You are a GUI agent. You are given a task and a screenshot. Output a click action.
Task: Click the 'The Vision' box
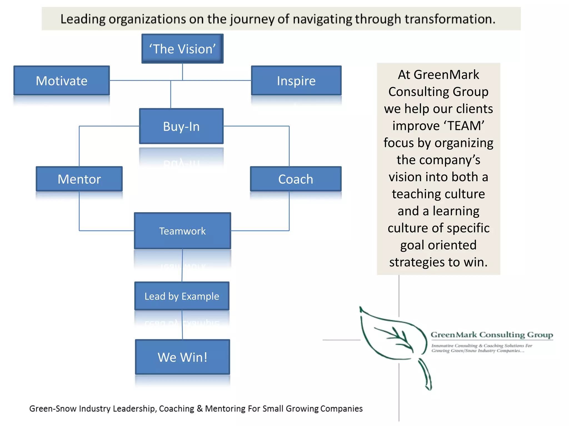coord(182,49)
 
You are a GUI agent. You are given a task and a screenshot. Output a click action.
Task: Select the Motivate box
coord(62,81)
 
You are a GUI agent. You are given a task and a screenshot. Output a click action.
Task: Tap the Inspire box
coord(296,81)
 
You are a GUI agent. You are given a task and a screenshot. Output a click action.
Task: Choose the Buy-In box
coord(181,126)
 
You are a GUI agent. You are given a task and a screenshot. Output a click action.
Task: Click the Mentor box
coord(79,179)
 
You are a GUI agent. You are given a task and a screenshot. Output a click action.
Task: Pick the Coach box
coord(296,179)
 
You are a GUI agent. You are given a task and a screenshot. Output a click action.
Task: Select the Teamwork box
coord(182,231)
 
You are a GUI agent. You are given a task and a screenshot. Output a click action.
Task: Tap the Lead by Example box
coord(182,296)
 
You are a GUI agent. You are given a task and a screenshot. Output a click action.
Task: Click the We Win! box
coord(182,357)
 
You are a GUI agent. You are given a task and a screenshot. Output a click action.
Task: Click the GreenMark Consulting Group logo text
coord(492,335)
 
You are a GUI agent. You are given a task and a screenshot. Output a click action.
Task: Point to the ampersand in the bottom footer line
coord(199,409)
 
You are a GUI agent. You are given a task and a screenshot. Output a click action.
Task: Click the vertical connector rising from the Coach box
coord(289,146)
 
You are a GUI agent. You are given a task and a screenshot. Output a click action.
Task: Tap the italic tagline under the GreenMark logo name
coord(481,348)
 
